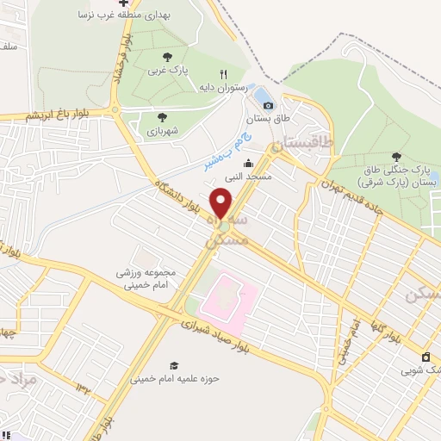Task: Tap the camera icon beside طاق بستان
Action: (x=268, y=105)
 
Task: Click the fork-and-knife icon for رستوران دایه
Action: (x=224, y=75)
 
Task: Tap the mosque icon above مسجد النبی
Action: (x=248, y=164)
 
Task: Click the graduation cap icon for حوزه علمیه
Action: (x=175, y=366)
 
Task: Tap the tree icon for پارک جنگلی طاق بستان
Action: (x=396, y=156)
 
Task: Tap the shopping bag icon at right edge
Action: (x=425, y=357)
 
